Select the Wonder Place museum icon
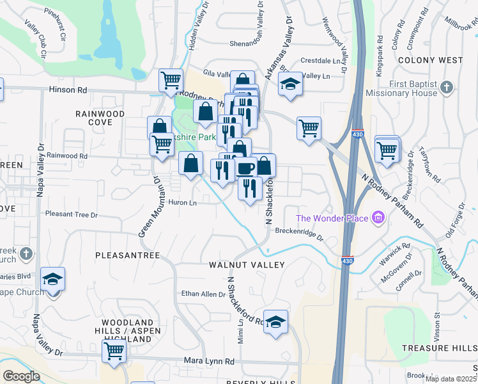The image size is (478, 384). tap(378, 219)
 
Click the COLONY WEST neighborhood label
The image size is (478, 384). tap(429, 60)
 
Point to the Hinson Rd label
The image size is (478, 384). tap(68, 90)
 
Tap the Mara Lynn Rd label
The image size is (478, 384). tap(209, 362)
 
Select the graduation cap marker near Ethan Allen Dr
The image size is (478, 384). tap(275, 321)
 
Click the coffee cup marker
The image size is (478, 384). tap(246, 168)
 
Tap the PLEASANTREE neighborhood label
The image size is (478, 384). tap(127, 255)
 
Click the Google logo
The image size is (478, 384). tap(22, 376)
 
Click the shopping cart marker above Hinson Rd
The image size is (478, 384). tap(171, 81)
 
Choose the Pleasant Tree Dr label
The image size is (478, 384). tap(70, 214)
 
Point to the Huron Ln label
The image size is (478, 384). tap(183, 203)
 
